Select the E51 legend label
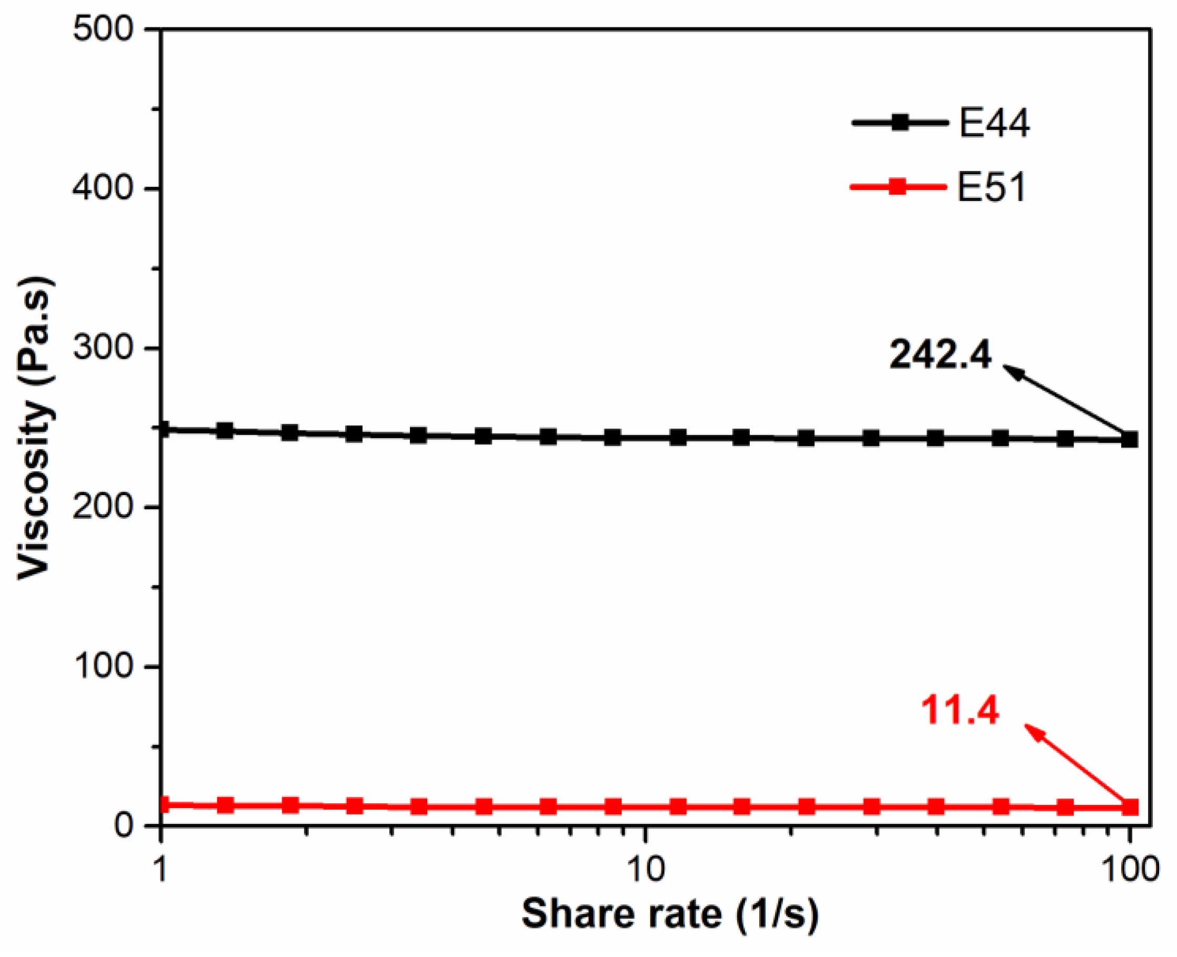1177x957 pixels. [992, 188]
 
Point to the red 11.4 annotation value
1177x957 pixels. [960, 711]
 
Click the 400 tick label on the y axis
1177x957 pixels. [104, 188]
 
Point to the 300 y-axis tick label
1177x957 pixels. [104, 348]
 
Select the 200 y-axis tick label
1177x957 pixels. [104, 507]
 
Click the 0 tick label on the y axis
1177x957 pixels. [125, 826]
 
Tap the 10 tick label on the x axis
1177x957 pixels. [645, 869]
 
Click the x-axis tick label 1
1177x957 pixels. [160, 869]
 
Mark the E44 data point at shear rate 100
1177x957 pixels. [1130, 439]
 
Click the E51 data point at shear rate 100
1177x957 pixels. [1130, 808]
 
